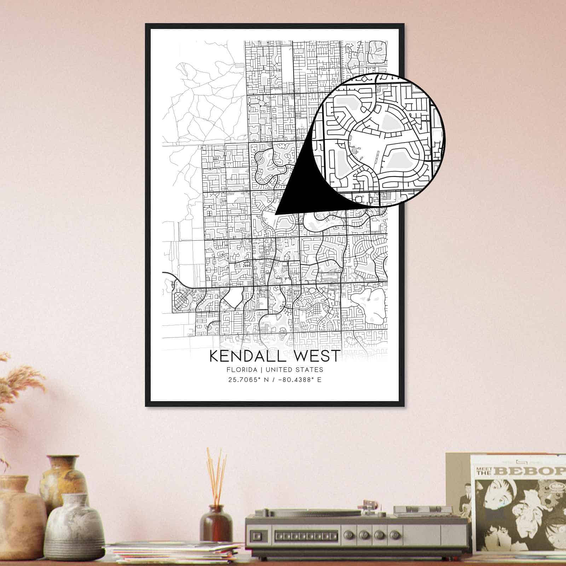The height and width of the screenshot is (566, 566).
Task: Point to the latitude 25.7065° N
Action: (x=249, y=380)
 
